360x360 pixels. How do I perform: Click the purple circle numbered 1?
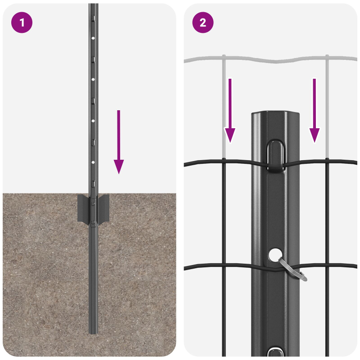(22, 22)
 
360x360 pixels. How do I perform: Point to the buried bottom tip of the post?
(93, 331)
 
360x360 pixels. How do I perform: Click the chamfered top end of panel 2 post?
(275, 114)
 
